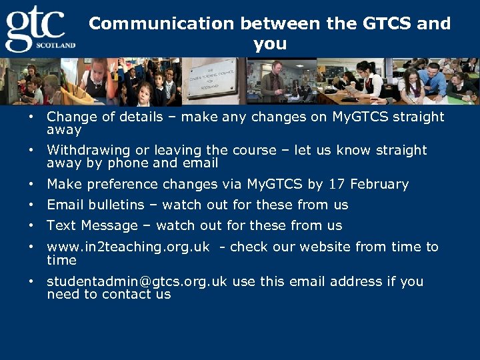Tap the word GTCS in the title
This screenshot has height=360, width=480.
(387, 24)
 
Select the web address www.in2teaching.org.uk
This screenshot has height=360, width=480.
(128, 247)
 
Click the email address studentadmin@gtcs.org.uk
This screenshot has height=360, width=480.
(137, 281)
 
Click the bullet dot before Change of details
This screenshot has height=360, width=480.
(31, 117)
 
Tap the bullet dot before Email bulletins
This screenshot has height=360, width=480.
(31, 205)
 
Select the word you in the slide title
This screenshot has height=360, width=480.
(270, 45)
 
